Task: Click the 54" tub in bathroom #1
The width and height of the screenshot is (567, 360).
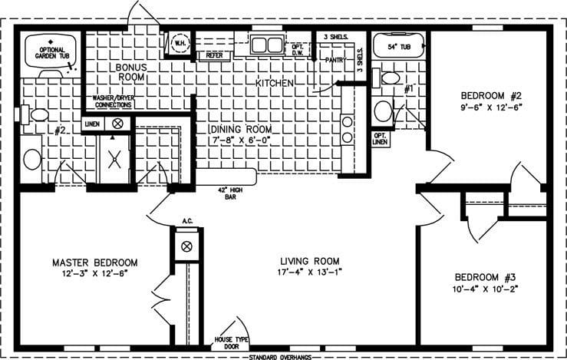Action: tap(398, 46)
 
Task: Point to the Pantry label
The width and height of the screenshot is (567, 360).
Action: tap(336, 59)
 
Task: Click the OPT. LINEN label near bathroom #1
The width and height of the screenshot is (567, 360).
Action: tap(380, 139)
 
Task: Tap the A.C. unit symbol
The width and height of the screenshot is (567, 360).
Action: tap(185, 247)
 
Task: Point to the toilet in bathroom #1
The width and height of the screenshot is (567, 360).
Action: tap(390, 78)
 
